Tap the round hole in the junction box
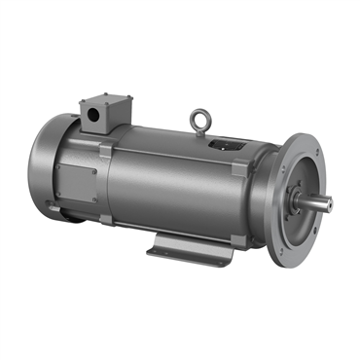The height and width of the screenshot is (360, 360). [x=94, y=114]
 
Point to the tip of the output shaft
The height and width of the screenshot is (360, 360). [x=328, y=203]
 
